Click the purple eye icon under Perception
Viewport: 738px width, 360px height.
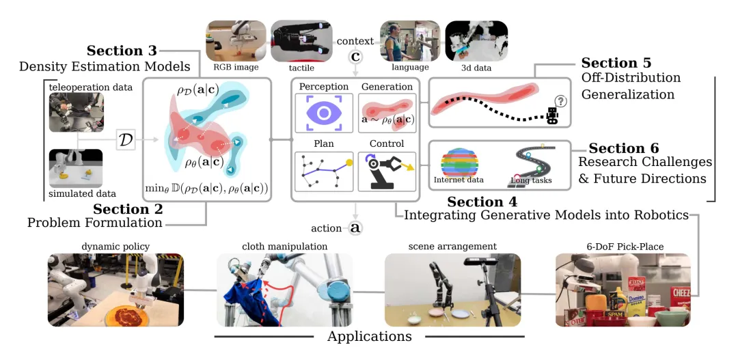pos(324,113)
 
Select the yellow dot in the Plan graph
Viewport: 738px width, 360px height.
pos(350,163)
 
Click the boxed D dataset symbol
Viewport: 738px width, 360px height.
pos(126,140)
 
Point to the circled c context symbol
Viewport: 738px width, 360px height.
pos(356,57)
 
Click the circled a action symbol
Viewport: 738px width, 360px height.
pos(356,228)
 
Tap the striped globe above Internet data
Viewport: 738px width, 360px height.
pos(459,162)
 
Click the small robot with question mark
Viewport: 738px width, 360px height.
pos(556,111)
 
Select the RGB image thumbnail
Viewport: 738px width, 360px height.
pos(236,41)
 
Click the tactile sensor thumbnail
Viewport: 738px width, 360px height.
pos(301,41)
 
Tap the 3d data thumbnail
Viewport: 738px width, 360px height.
pos(477,41)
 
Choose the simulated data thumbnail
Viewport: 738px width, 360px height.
pos(76,169)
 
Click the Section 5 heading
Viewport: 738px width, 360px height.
pos(616,63)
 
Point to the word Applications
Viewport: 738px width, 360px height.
pos(370,337)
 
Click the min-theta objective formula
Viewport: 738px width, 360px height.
pos(206,190)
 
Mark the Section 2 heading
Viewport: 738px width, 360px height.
pos(128,208)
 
